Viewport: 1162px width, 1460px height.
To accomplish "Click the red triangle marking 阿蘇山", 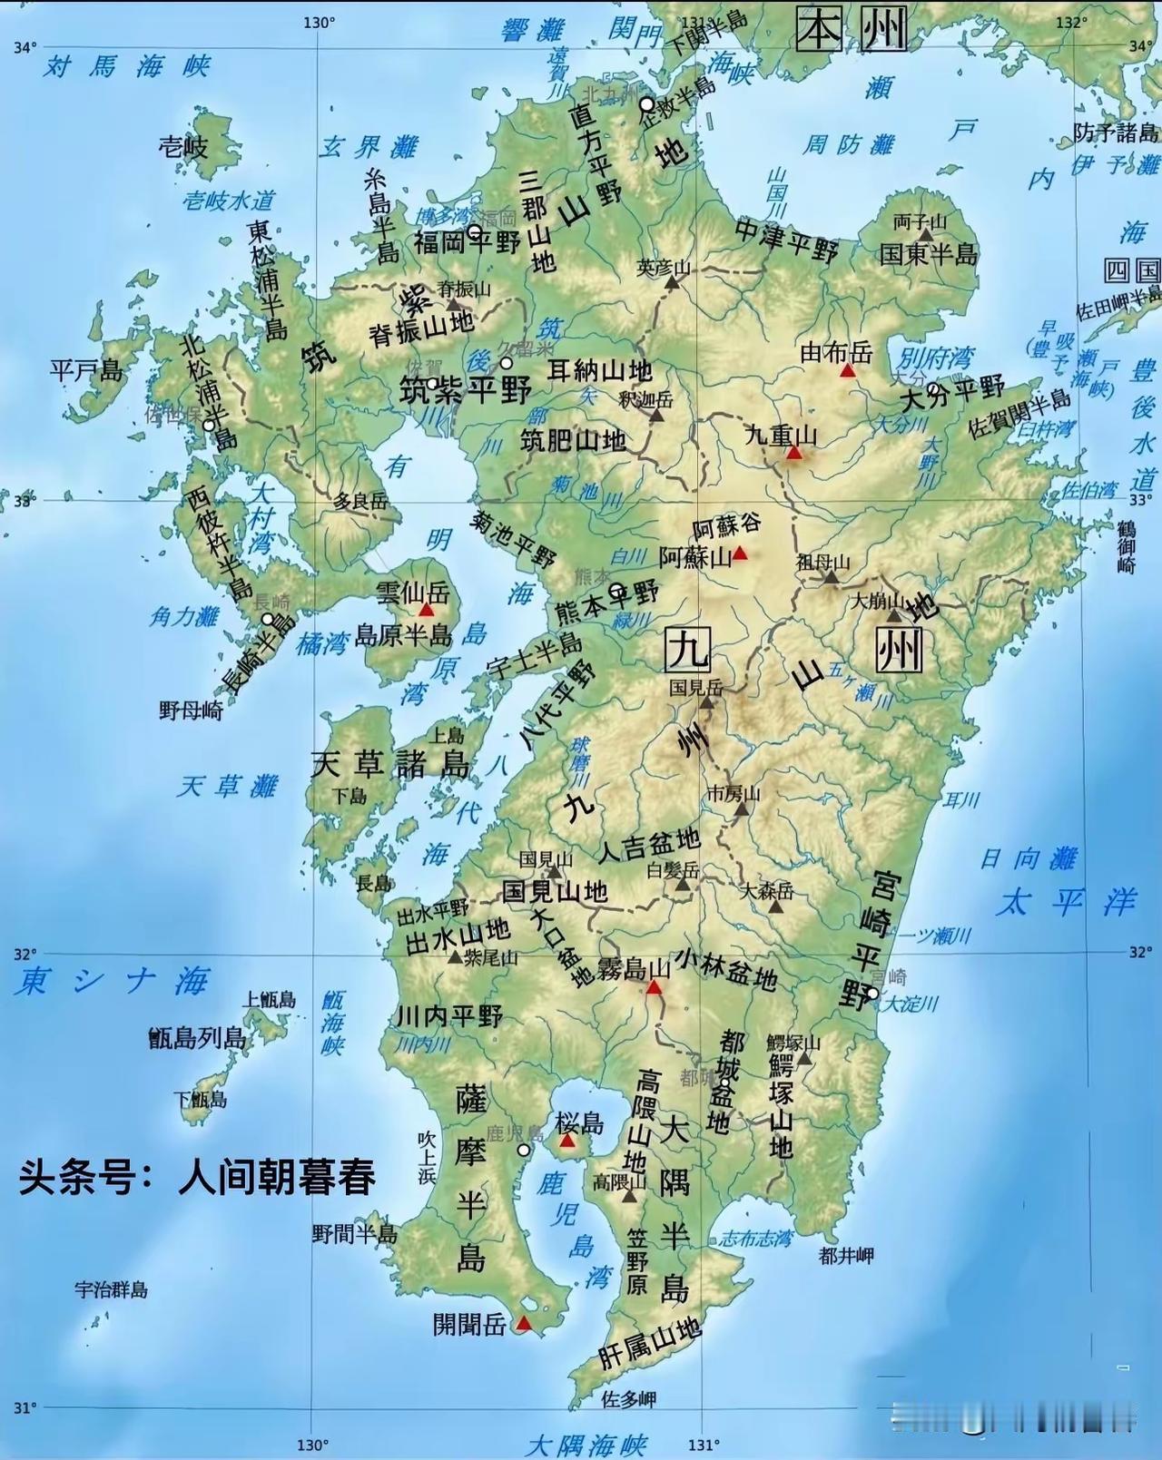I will pos(741,553).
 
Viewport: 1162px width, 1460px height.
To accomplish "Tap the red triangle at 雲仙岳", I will pos(426,610).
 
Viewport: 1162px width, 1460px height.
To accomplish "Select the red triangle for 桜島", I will pos(567,1141).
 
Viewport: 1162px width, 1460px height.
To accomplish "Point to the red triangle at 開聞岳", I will pos(524,1324).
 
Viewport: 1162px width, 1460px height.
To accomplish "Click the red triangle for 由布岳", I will pos(848,370).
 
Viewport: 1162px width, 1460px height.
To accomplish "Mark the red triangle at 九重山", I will pos(795,452).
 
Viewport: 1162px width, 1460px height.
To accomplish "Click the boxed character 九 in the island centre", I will pos(686,650).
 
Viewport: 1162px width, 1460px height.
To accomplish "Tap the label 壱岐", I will pos(183,146).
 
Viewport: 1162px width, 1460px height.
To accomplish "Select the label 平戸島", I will pos(86,370).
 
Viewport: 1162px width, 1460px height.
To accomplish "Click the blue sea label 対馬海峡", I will pos(127,66).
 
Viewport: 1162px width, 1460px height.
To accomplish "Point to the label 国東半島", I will pos(929,253).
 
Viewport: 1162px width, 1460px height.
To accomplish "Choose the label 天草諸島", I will pos(390,764).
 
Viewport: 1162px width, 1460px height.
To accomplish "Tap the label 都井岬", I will pos(845,1256).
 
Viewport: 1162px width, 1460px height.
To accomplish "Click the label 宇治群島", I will pos(111,1289).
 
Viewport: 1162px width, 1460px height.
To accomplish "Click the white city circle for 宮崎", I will pos(872,994).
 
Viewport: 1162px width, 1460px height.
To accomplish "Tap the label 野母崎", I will pos(191,710).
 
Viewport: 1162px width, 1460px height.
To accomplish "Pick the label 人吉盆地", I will pos(648,847).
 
